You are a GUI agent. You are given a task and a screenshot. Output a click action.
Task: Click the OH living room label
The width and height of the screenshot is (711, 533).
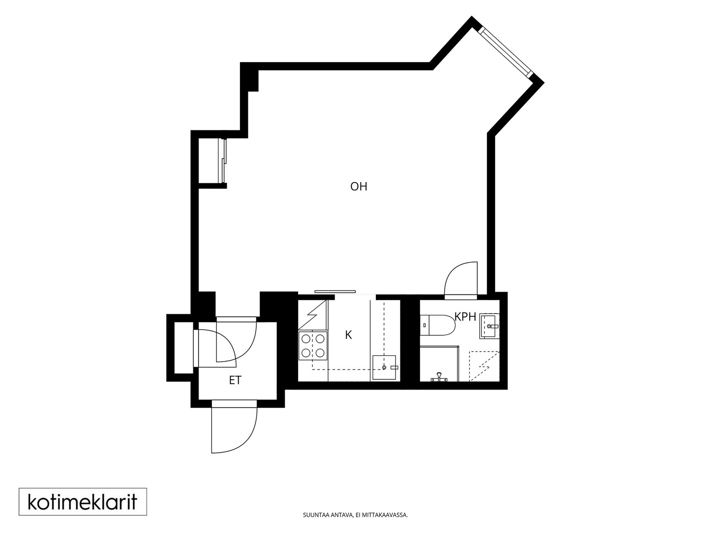pos(359,187)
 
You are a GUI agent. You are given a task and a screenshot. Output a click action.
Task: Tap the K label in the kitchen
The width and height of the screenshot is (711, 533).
pos(348,335)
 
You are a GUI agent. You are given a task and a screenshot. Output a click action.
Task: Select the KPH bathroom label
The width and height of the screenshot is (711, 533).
pos(465,317)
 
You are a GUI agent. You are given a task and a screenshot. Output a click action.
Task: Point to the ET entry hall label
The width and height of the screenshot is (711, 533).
pos(235,380)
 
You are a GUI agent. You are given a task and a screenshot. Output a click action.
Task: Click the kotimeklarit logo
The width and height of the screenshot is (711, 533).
pos(83,502)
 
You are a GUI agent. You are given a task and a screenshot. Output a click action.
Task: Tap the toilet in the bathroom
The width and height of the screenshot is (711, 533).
pos(438,325)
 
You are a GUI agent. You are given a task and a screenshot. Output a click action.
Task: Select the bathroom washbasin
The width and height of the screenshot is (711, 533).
pos(489,326)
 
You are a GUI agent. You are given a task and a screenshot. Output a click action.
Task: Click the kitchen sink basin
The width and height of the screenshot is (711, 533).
pos(384,367)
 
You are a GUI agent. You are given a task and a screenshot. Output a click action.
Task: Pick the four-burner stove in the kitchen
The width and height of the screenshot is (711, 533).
pos(313,346)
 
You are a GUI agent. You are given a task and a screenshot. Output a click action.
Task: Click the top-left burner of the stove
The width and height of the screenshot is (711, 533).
pos(306,338)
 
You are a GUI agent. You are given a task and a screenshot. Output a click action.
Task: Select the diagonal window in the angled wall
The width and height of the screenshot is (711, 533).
pos(506,52)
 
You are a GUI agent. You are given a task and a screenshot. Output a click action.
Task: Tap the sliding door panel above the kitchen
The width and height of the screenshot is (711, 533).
pos(335,291)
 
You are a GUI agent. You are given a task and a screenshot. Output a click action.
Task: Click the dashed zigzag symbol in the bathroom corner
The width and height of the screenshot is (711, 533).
pos(484,366)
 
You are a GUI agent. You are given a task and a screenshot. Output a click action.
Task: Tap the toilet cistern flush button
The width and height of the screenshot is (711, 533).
pos(424,325)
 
